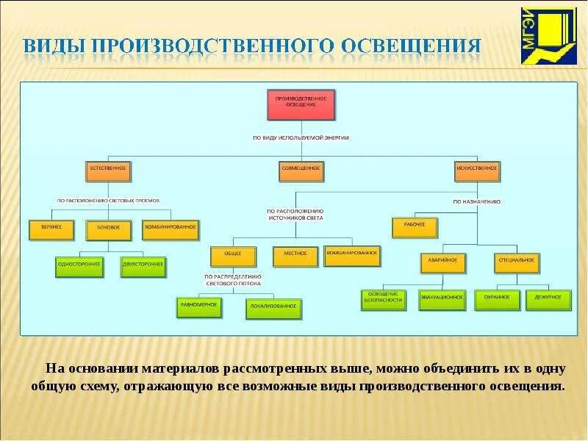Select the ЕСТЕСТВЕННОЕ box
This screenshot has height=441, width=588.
(108, 170)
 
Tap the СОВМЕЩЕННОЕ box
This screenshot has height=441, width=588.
(301, 170)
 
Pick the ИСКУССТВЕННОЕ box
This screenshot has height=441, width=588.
(477, 170)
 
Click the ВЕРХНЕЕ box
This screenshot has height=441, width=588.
(51, 229)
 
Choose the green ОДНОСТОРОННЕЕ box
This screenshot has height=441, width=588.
(80, 266)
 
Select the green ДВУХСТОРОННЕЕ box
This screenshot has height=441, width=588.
(143, 266)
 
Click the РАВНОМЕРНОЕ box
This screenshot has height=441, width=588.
(200, 306)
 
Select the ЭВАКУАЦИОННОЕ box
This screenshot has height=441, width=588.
(442, 300)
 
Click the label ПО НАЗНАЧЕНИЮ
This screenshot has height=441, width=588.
(476, 201)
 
